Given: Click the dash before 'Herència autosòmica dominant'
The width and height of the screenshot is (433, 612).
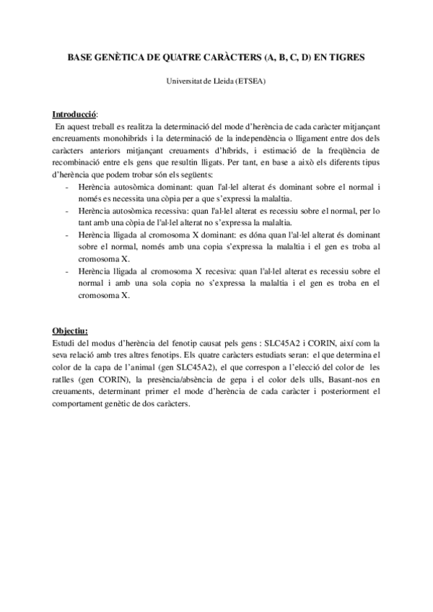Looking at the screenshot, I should pyautogui.click(x=66, y=187).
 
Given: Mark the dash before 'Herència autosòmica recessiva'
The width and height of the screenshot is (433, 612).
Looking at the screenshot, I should pyautogui.click(x=66, y=211).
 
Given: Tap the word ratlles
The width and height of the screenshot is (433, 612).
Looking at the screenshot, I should pyautogui.click(x=65, y=379).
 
